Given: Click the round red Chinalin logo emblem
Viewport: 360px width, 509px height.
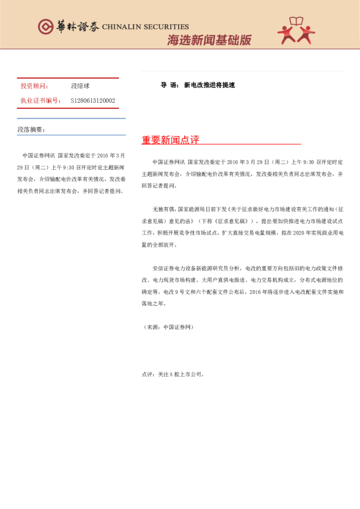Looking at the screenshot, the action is tap(45, 27).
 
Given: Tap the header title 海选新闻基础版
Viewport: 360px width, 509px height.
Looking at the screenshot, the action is tap(209, 41).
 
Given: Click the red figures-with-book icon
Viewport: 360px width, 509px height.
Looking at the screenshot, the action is tap(296, 31).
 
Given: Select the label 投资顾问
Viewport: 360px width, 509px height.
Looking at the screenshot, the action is tap(35, 86).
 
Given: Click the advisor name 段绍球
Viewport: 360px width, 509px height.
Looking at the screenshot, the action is tap(80, 86).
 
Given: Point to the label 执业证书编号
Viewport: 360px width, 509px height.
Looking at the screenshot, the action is tap(41, 101).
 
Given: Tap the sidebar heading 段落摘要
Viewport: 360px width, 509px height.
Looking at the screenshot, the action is tap(31, 129).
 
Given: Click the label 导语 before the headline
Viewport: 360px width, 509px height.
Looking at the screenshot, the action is tap(168, 85).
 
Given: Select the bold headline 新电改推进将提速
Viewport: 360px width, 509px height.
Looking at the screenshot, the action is tap(209, 85).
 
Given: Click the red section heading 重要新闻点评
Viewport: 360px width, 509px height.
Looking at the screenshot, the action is tap(171, 140).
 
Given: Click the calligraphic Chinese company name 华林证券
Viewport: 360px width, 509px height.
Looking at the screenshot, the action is tap(76, 27).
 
